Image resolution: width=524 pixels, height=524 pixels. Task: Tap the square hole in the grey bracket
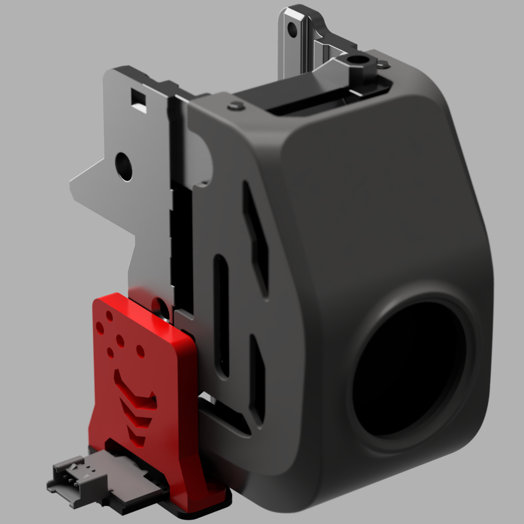point(139,100)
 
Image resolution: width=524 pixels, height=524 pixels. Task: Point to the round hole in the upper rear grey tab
point(292,30)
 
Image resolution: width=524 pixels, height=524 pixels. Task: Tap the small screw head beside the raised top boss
point(383,63)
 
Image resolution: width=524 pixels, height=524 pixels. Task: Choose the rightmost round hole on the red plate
point(140,350)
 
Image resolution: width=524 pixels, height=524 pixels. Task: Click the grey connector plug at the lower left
point(77,477)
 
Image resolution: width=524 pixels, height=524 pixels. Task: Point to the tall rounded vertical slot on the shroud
point(221,315)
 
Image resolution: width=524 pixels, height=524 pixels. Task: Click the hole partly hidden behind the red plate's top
point(158,304)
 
